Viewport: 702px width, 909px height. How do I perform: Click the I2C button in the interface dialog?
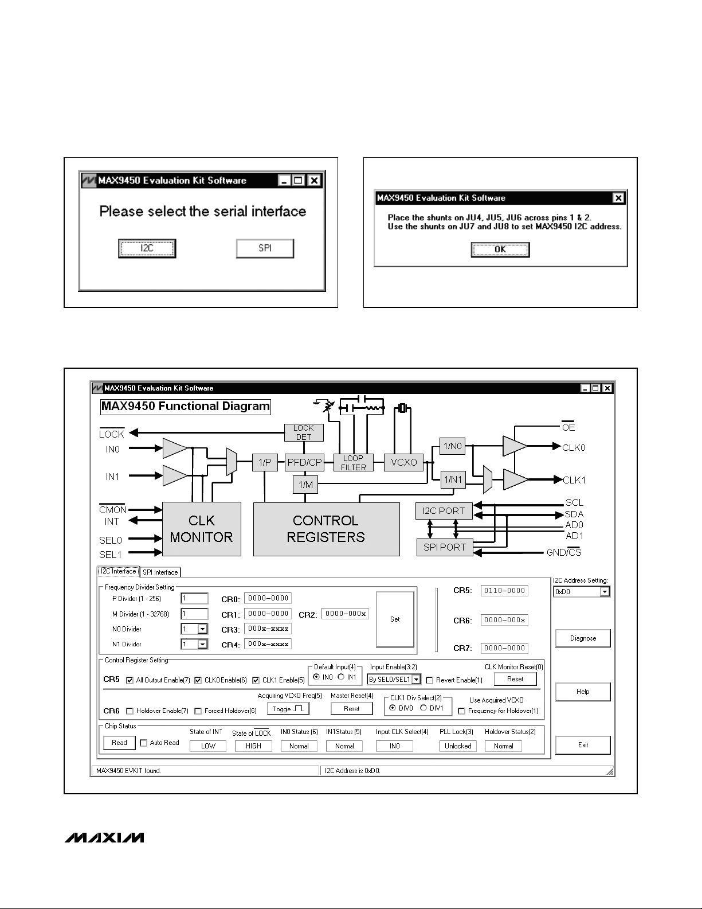click(x=147, y=248)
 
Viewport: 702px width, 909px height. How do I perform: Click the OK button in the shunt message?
click(x=500, y=249)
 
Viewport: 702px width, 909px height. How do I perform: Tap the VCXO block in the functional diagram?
click(x=403, y=462)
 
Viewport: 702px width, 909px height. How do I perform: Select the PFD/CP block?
click(x=304, y=462)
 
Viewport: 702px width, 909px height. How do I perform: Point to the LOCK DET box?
click(x=304, y=432)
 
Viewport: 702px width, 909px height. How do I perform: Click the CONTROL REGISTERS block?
click(x=326, y=529)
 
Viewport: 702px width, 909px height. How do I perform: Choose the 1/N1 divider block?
click(x=453, y=480)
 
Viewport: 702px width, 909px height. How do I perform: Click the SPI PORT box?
click(x=445, y=547)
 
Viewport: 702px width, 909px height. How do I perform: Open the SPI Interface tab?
click(x=160, y=572)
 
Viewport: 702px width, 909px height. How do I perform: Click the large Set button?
click(x=395, y=619)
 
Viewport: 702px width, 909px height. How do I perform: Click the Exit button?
click(x=583, y=745)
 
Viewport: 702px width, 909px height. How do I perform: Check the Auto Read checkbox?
click(x=144, y=743)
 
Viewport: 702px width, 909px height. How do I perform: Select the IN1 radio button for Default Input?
click(x=342, y=677)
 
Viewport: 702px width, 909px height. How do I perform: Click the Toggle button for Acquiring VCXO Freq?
click(x=288, y=709)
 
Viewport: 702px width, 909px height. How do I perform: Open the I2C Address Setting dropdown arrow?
click(x=605, y=592)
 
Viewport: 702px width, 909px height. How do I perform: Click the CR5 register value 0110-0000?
click(x=504, y=591)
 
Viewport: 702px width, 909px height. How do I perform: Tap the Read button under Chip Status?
click(x=119, y=743)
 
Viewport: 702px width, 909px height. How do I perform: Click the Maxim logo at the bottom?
click(x=104, y=838)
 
